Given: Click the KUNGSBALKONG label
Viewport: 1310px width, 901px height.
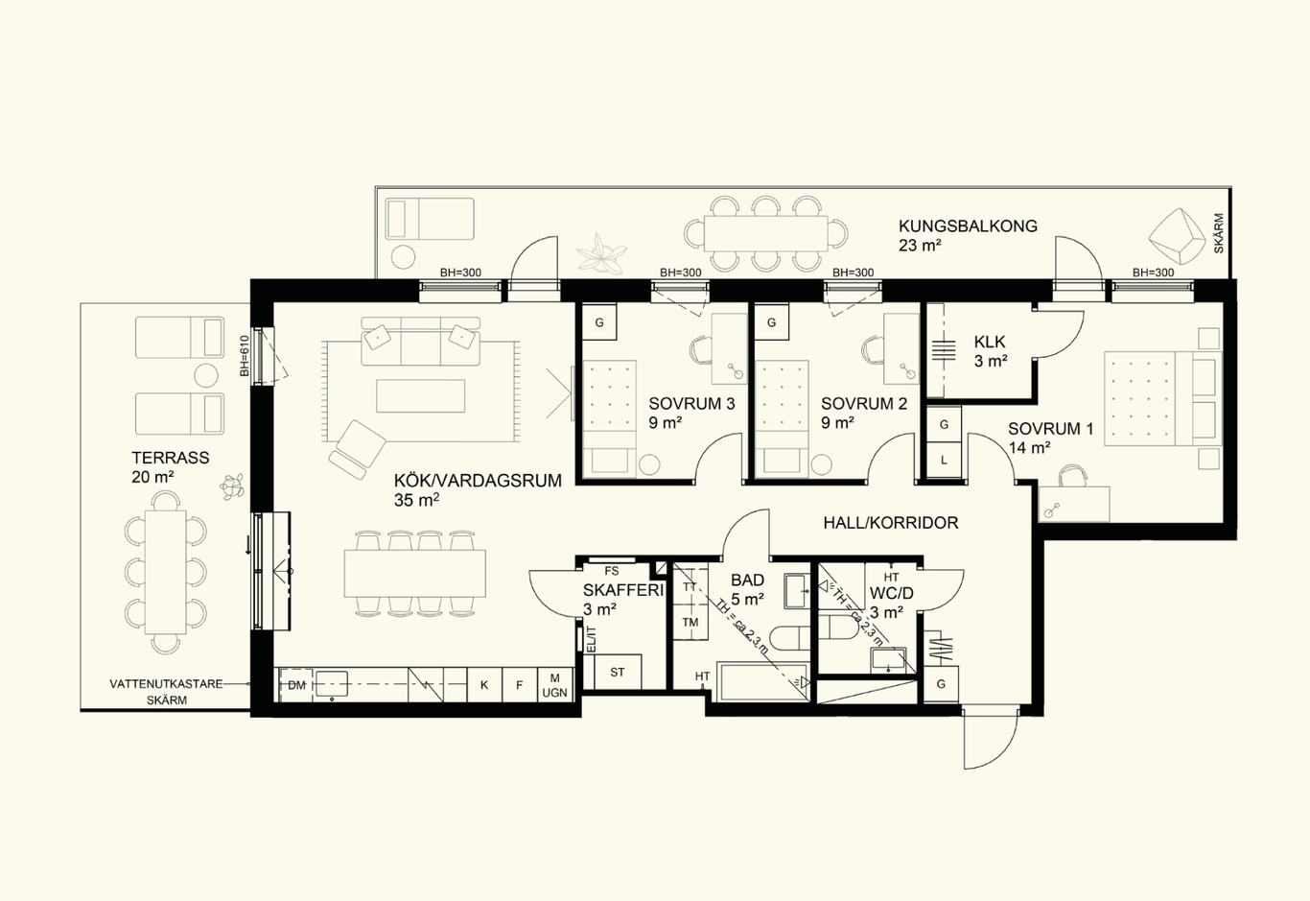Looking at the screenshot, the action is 968,225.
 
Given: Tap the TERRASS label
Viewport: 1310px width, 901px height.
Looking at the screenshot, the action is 170,458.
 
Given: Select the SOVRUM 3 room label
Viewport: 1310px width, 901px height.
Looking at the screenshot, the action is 691,404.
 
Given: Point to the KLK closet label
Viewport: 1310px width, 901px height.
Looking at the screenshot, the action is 990,342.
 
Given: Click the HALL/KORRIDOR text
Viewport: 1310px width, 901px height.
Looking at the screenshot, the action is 891,523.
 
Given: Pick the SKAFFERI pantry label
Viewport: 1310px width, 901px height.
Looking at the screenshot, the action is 623,590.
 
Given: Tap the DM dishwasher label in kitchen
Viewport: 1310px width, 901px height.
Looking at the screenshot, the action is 296,685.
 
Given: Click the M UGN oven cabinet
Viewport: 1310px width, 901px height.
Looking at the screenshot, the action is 555,684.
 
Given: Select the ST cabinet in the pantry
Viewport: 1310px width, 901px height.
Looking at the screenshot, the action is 618,673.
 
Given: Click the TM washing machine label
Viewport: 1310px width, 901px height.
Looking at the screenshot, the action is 690,623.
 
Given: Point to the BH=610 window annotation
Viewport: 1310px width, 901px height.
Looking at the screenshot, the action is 245,356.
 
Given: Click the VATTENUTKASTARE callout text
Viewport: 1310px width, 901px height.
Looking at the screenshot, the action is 166,684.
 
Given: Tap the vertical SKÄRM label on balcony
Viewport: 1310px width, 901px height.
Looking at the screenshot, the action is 1219,233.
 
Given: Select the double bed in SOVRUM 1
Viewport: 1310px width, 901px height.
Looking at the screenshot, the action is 1162,398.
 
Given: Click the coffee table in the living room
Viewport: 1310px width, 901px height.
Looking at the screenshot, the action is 420,396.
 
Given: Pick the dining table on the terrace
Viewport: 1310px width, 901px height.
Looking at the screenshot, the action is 166,572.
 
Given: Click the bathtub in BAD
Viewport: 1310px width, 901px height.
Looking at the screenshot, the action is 762,681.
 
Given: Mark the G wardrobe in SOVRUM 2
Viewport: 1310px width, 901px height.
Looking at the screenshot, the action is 771,321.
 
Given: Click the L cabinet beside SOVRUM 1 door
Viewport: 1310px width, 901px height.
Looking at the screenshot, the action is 944,461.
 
